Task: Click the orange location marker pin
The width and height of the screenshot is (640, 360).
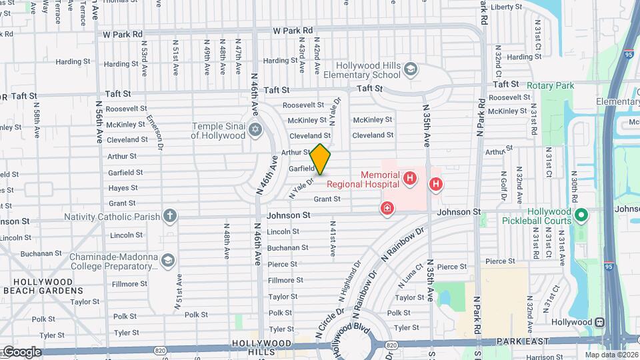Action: coord(321,159)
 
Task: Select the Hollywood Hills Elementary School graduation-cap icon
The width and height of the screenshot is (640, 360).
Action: coord(411,69)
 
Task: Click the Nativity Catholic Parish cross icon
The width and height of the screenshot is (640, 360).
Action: coord(170,216)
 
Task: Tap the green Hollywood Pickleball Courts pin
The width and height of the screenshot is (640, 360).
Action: coord(581,216)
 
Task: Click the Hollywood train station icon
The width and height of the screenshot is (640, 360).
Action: coord(600,322)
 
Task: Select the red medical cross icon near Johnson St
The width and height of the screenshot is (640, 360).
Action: coord(387,209)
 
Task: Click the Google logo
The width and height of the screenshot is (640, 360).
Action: coord(21,351)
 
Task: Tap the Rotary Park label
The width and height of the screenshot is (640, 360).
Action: coord(550,86)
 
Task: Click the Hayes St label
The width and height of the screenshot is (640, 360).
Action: coord(123,188)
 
